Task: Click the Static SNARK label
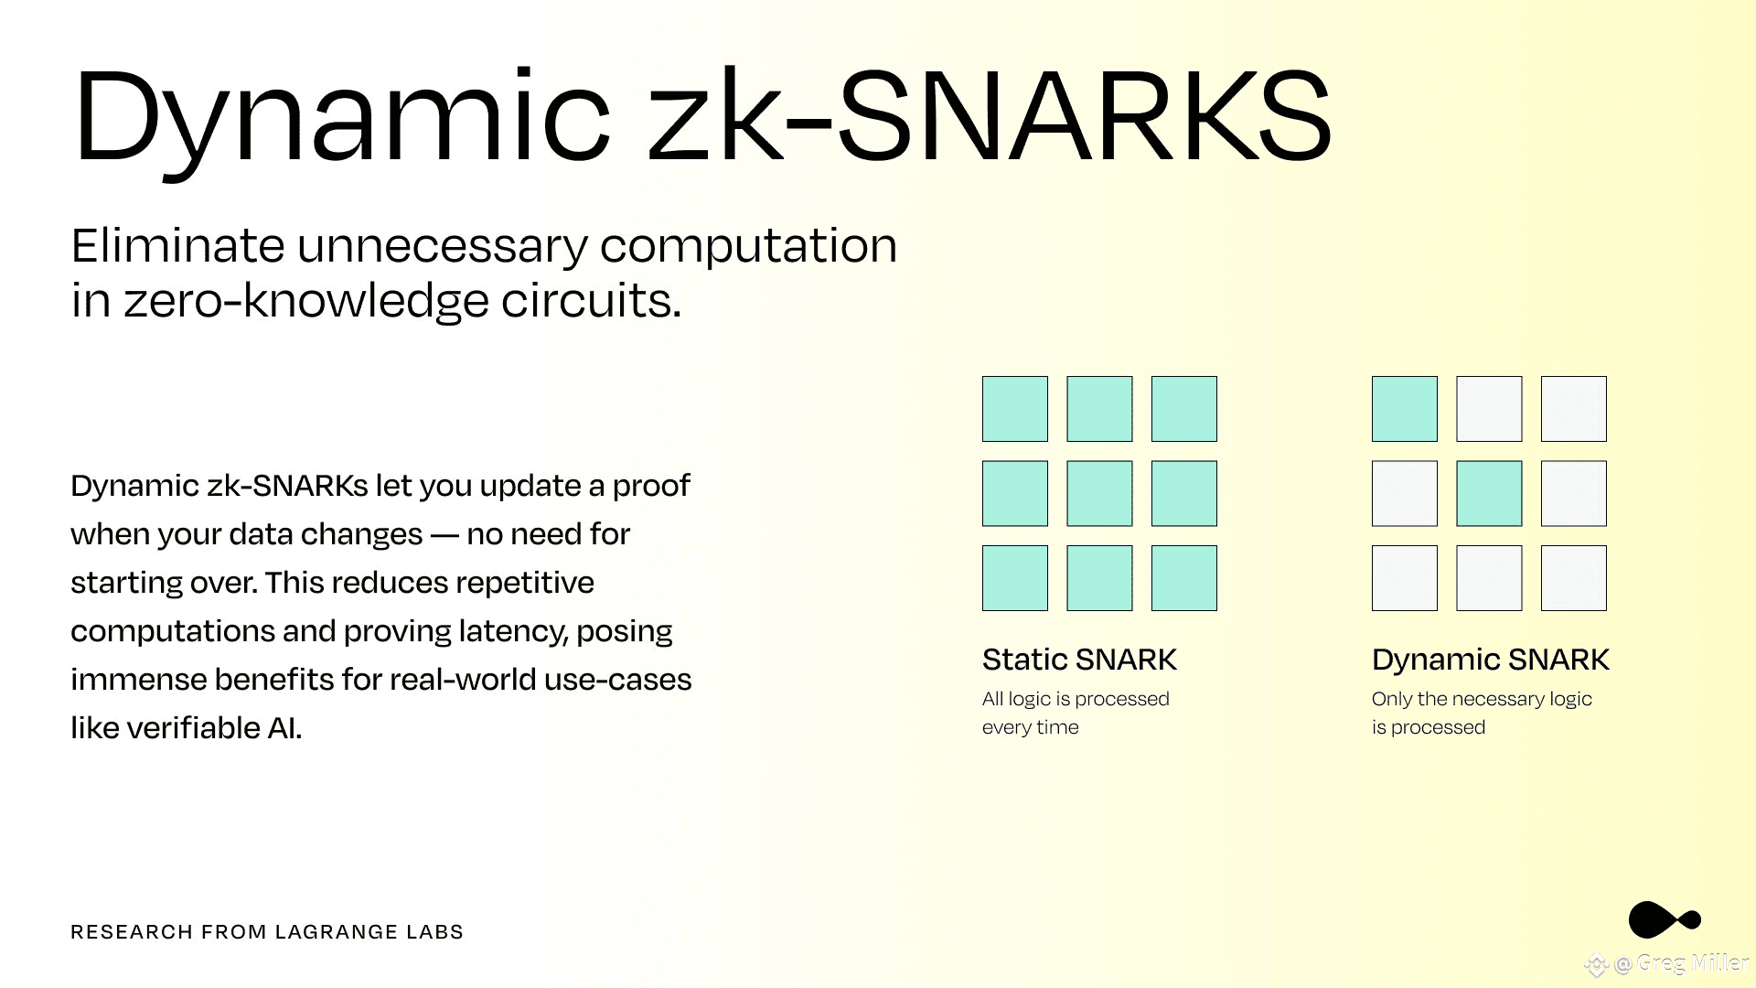pyautogui.click(x=1079, y=660)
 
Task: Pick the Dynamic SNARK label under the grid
pyautogui.click(x=1491, y=660)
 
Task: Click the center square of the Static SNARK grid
pyautogui.click(x=1099, y=493)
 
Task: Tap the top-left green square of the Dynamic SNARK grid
pyautogui.click(x=1405, y=409)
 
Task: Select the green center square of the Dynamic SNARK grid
pyautogui.click(x=1489, y=493)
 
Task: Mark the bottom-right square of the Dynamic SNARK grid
pyautogui.click(x=1574, y=578)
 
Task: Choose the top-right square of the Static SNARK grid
pyautogui.click(x=1184, y=409)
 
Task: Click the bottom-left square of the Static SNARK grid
pyautogui.click(x=1015, y=578)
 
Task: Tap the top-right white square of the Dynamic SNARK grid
pyautogui.click(x=1574, y=409)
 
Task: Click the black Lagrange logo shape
pyautogui.click(x=1664, y=919)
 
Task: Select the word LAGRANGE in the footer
pyautogui.click(x=337, y=932)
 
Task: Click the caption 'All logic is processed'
pyautogui.click(x=1076, y=699)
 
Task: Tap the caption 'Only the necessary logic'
pyautogui.click(x=1482, y=699)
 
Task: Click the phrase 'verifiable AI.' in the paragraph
pyautogui.click(x=214, y=728)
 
